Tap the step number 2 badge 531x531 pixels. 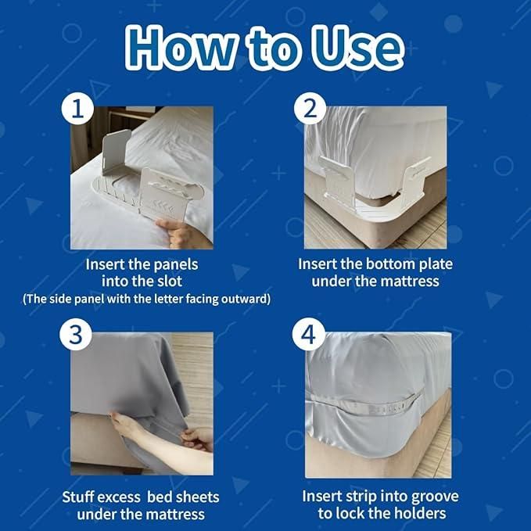tap(310, 110)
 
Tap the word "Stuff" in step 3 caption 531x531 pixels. tap(81, 497)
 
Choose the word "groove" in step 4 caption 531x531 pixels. tap(432, 497)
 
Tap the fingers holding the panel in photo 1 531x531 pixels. tap(174, 231)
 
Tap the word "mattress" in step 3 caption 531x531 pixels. tap(174, 514)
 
